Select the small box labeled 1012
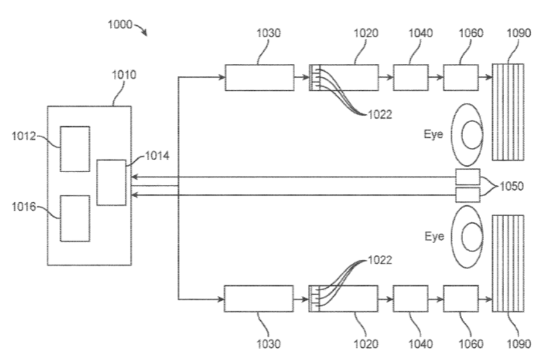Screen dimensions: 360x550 pyautogui.click(x=75, y=149)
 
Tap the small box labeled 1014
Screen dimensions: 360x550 pyautogui.click(x=111, y=182)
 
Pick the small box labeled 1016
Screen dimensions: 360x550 pyautogui.click(x=75, y=218)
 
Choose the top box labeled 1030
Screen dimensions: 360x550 pyautogui.click(x=260, y=77)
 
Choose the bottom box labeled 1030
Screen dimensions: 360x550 pyautogui.click(x=259, y=299)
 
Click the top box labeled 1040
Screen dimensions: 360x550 pyautogui.click(x=411, y=77)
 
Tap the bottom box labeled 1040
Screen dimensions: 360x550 pyautogui.click(x=410, y=299)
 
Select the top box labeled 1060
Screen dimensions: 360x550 pyautogui.click(x=461, y=77)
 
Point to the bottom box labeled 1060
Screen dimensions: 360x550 pyautogui.click(x=461, y=299)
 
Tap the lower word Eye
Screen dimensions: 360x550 pyautogui.click(x=434, y=236)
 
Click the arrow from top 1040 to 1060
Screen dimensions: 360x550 pyautogui.click(x=436, y=77)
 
